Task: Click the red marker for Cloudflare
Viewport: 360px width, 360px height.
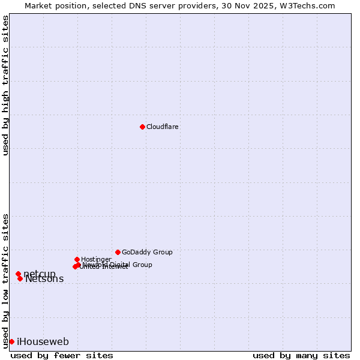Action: (142, 127)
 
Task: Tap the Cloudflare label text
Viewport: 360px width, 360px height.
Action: (162, 127)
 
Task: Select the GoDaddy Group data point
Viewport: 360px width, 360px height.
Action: (118, 252)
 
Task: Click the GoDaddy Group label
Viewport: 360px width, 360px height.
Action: (147, 252)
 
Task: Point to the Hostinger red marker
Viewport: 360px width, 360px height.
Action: (77, 259)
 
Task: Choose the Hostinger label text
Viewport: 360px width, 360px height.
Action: (96, 259)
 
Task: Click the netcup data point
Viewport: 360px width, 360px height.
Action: (18, 274)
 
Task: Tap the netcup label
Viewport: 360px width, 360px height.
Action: (40, 274)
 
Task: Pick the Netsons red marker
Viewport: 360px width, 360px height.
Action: (20, 278)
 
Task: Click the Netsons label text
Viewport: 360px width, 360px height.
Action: (44, 279)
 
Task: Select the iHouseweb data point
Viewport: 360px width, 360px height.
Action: (11, 341)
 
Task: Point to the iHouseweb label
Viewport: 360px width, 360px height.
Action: (43, 342)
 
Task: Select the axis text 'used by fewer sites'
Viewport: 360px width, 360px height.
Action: (62, 355)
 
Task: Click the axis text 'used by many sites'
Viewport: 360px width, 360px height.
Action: (301, 355)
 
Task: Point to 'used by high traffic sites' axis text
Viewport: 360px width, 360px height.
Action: (6, 86)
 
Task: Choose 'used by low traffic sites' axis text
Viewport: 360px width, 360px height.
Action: (6, 281)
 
